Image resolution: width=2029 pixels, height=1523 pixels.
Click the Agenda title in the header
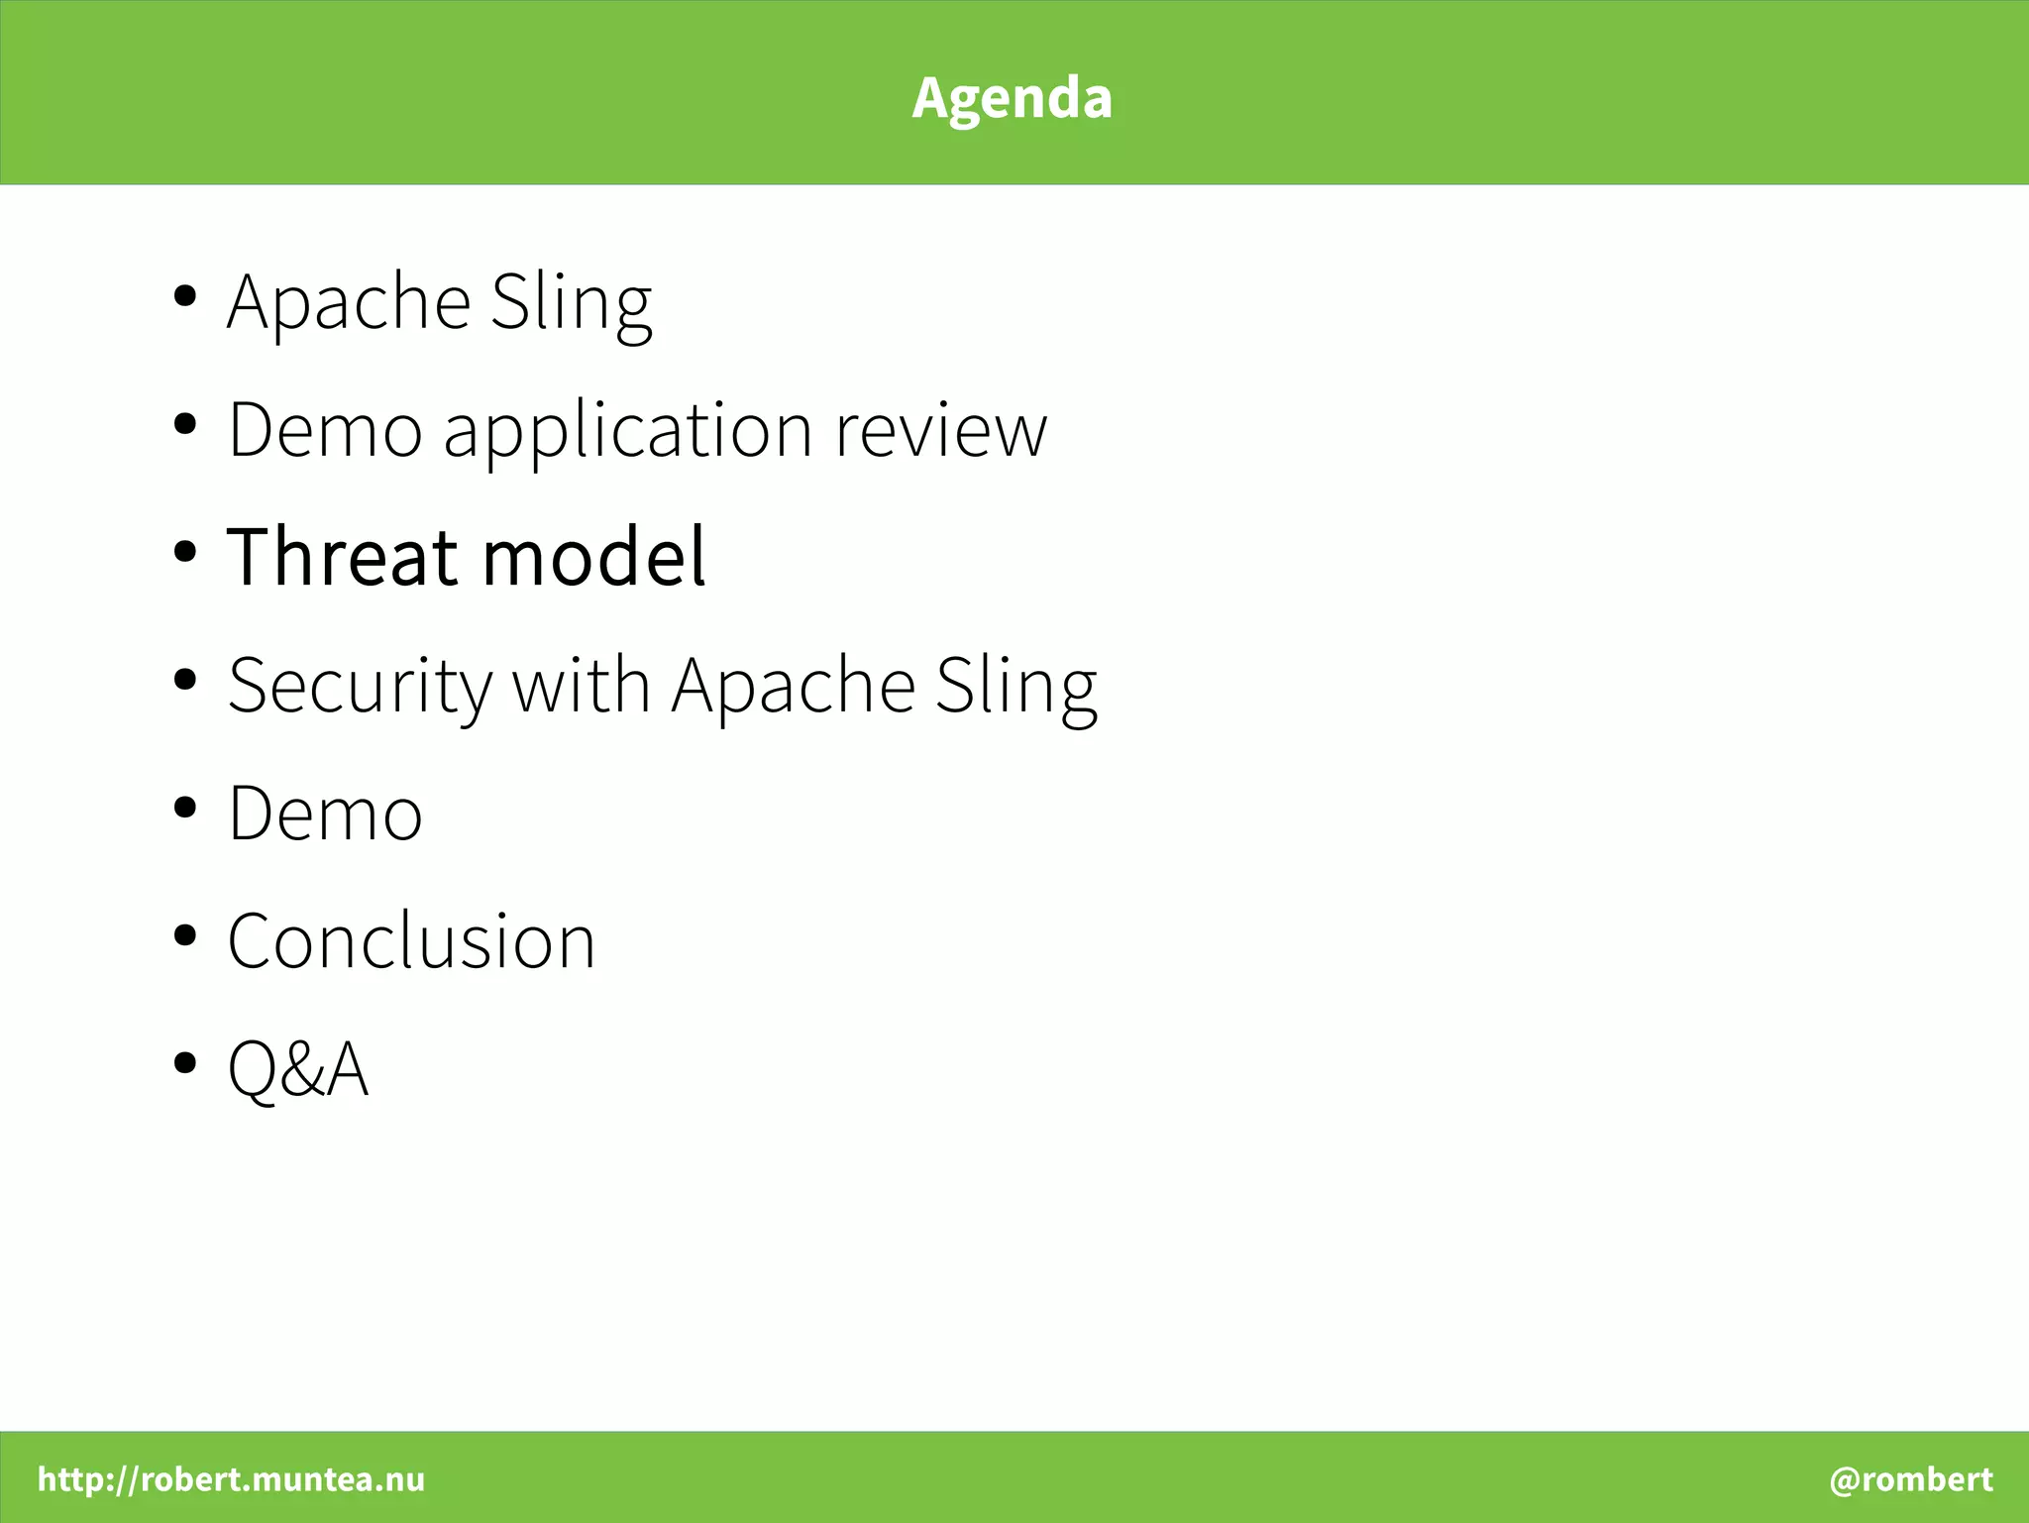click(x=1012, y=97)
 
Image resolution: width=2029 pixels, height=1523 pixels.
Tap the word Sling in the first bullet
click(x=571, y=302)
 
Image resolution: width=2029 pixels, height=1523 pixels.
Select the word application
click(x=628, y=432)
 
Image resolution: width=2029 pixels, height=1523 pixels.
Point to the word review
click(x=940, y=432)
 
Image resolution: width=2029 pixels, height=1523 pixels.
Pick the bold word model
click(x=594, y=557)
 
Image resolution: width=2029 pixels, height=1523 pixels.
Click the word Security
click(x=359, y=686)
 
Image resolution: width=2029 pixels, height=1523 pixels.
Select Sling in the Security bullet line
click(x=1015, y=686)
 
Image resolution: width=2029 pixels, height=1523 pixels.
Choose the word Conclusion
click(x=411, y=941)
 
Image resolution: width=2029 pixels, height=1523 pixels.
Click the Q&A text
click(x=298, y=1069)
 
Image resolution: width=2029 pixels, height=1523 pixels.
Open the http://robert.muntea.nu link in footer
click(x=231, y=1478)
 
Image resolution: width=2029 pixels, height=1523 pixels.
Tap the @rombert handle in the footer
click(x=1910, y=1478)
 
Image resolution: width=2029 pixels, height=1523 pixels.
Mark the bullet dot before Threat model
click(x=184, y=552)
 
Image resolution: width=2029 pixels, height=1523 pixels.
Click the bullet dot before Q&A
click(x=184, y=1063)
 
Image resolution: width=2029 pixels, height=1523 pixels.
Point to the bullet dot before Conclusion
click(x=184, y=934)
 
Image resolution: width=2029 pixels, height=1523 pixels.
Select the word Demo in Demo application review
click(x=325, y=432)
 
